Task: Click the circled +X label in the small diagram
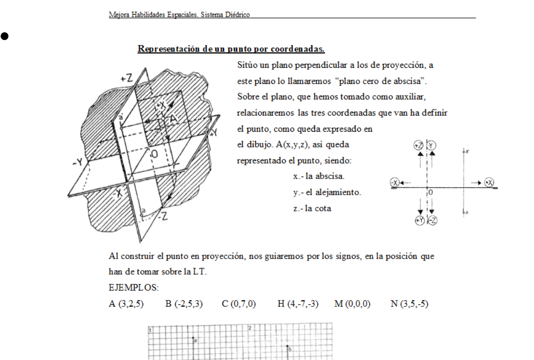(x=489, y=182)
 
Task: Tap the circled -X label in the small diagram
(x=395, y=182)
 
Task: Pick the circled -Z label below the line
(x=432, y=221)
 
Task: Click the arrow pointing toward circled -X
(x=406, y=182)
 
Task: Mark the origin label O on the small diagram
(x=431, y=192)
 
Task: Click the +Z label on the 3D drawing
(x=126, y=78)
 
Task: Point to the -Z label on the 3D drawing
(x=162, y=218)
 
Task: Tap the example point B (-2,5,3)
(x=184, y=304)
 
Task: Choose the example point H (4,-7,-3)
(x=298, y=304)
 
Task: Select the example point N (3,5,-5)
(x=409, y=304)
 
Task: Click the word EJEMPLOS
(x=133, y=288)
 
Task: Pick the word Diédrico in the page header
(x=237, y=15)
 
